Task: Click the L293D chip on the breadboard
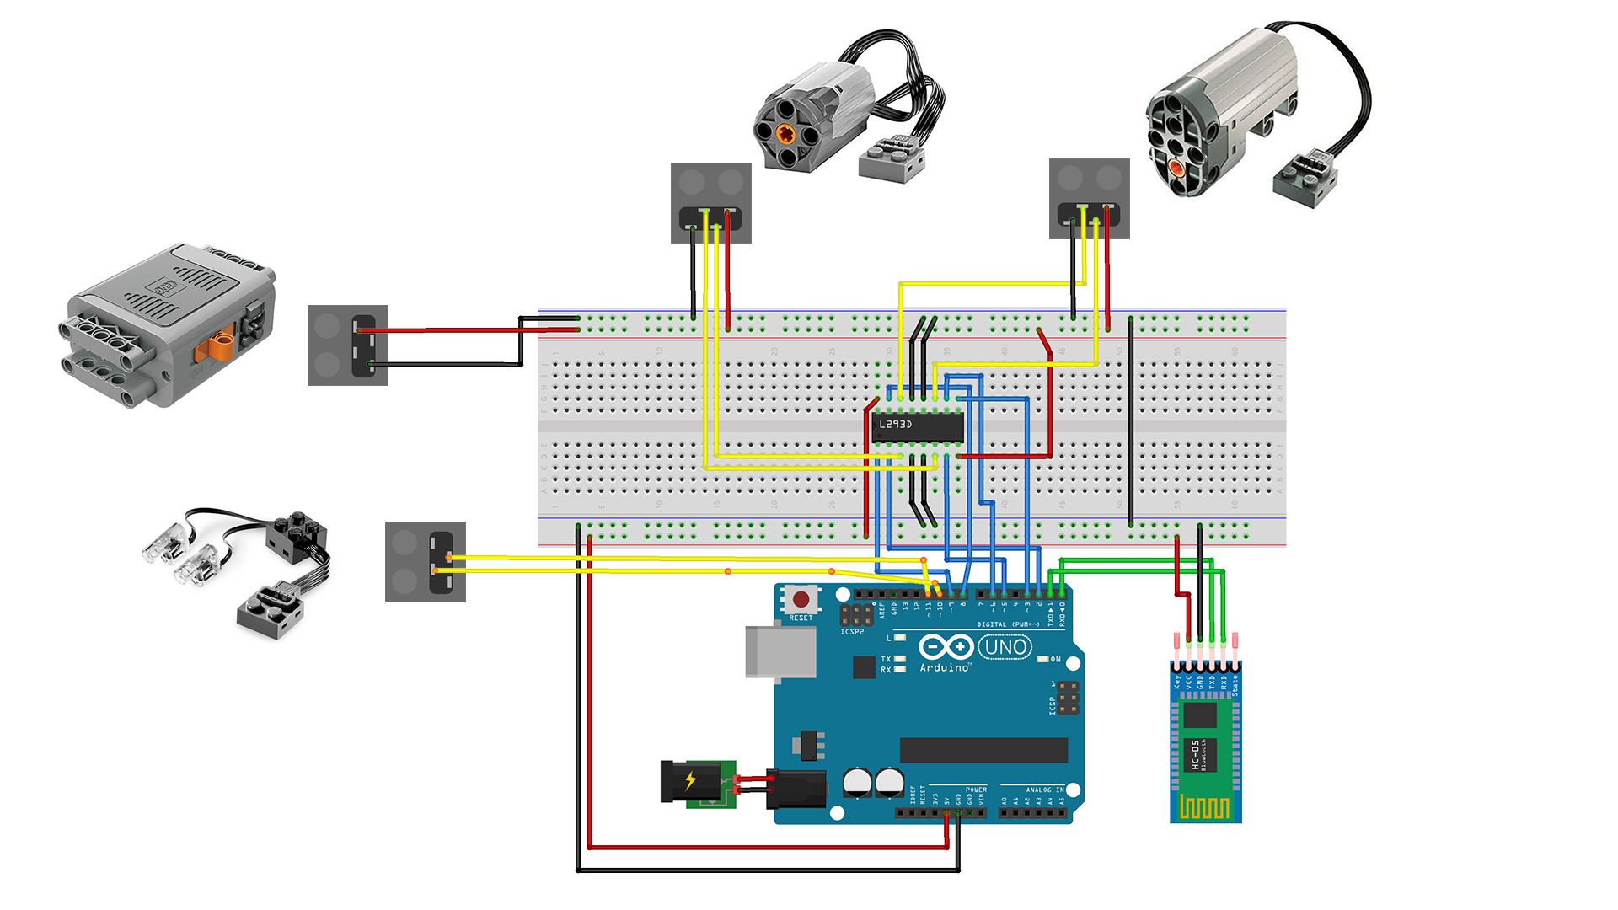point(917,426)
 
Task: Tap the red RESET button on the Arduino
point(801,600)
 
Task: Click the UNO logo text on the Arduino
point(1005,647)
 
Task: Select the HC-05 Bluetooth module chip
point(1200,717)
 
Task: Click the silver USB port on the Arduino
point(780,651)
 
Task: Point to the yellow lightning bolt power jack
point(690,782)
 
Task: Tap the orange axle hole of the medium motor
point(786,132)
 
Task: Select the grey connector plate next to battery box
point(347,345)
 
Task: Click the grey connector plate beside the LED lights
point(425,562)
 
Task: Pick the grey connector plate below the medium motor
point(710,203)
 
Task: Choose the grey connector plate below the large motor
point(1089,199)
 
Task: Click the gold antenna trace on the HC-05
point(1205,809)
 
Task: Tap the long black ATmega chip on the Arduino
point(983,750)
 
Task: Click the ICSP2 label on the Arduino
point(852,631)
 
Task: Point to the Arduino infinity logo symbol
point(946,647)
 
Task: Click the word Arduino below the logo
point(944,668)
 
